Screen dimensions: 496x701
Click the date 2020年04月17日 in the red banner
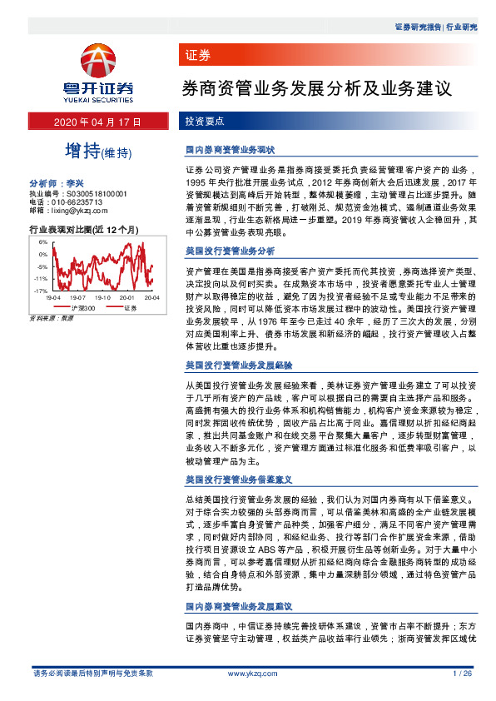point(98,122)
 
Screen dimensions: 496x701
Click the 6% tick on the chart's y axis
point(42,241)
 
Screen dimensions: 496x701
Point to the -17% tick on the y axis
point(40,291)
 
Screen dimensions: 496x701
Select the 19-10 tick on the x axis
point(104,297)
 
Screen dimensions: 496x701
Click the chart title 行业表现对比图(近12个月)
point(83,228)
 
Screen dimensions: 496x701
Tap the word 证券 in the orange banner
point(198,56)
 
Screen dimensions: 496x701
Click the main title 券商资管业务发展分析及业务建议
point(316,87)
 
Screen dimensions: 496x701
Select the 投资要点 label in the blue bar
point(204,122)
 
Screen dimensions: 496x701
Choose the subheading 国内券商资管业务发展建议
point(230,606)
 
